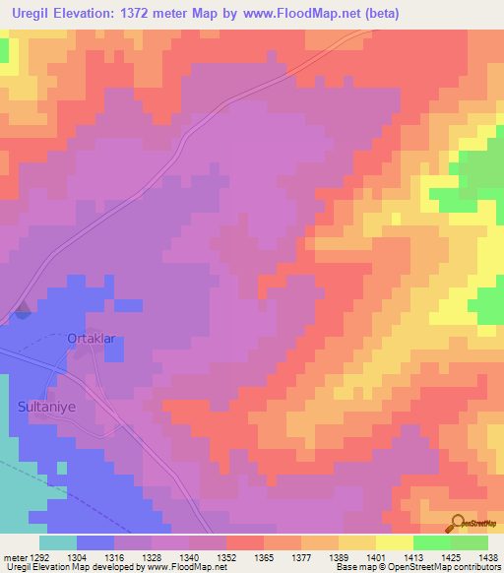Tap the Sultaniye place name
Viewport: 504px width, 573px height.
click(44, 405)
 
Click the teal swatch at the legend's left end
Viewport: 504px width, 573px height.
click(57, 542)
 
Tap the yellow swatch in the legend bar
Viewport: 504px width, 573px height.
click(394, 542)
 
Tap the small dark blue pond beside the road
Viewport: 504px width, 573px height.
click(23, 313)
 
